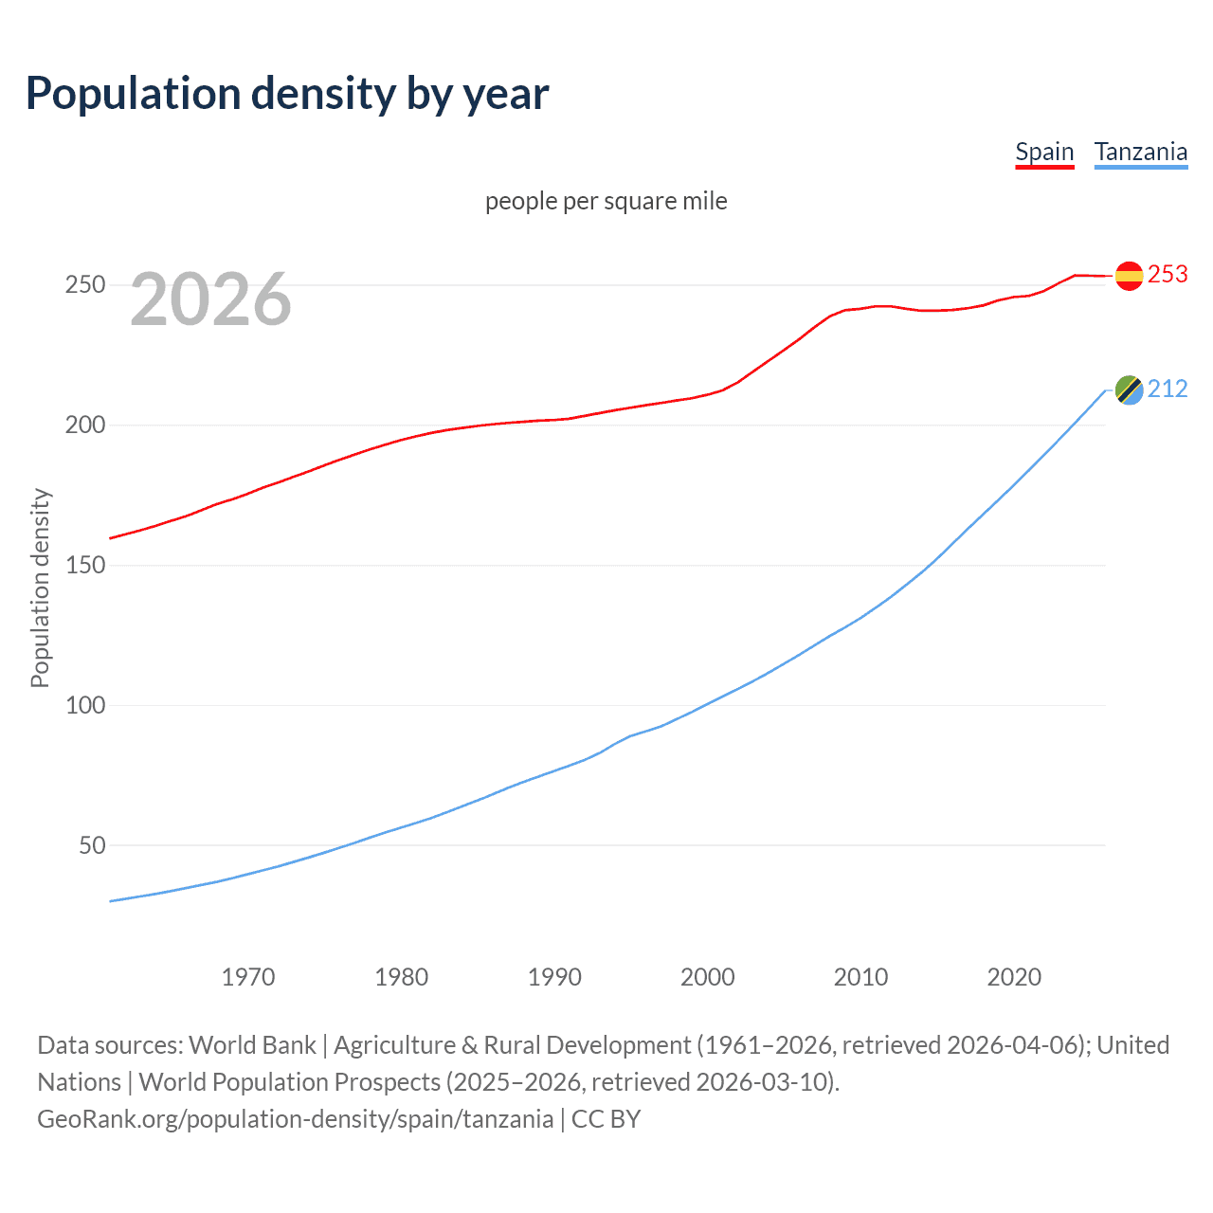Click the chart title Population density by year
point(287,94)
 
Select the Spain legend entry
point(1044,152)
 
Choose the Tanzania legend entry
point(1141,152)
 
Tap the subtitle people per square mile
point(606,201)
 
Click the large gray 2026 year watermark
point(210,299)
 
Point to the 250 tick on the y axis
point(84,284)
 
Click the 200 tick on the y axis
point(84,425)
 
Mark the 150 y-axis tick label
point(84,565)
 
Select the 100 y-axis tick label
point(84,705)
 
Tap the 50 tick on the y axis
point(92,845)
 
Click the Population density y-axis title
point(40,588)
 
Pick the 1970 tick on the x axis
point(248,977)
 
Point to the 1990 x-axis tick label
point(554,977)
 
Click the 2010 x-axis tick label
point(860,977)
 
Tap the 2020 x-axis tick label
point(1014,977)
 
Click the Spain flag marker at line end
point(1129,276)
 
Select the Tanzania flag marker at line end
point(1129,389)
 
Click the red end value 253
point(1168,274)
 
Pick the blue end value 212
point(1168,389)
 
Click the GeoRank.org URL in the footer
point(295,1119)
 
